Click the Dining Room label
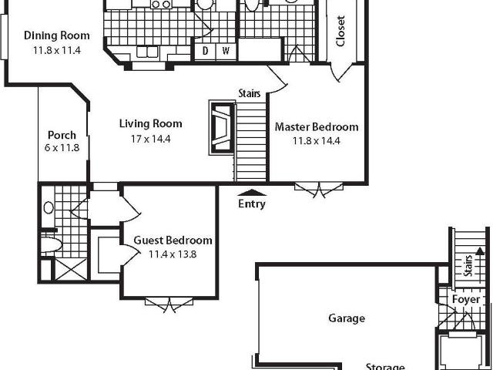pyautogui.click(x=57, y=35)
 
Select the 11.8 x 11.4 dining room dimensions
pyautogui.click(x=57, y=50)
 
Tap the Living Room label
pyautogui.click(x=151, y=123)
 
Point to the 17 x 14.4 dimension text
pyautogui.click(x=151, y=139)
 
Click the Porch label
pyautogui.click(x=62, y=136)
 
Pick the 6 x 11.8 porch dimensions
pyautogui.click(x=62, y=147)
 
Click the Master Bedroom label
pyautogui.click(x=317, y=127)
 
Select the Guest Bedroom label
pyautogui.click(x=173, y=240)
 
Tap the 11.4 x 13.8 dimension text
pyautogui.click(x=173, y=254)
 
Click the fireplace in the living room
pyautogui.click(x=222, y=128)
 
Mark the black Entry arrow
pyautogui.click(x=252, y=193)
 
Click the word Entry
pyautogui.click(x=252, y=203)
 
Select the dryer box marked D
pyautogui.click(x=205, y=52)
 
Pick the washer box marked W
pyautogui.click(x=226, y=52)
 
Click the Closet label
pyautogui.click(x=340, y=32)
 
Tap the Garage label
pyautogui.click(x=347, y=318)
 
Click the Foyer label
pyautogui.click(x=466, y=300)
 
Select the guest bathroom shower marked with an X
pyautogui.click(x=72, y=269)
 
